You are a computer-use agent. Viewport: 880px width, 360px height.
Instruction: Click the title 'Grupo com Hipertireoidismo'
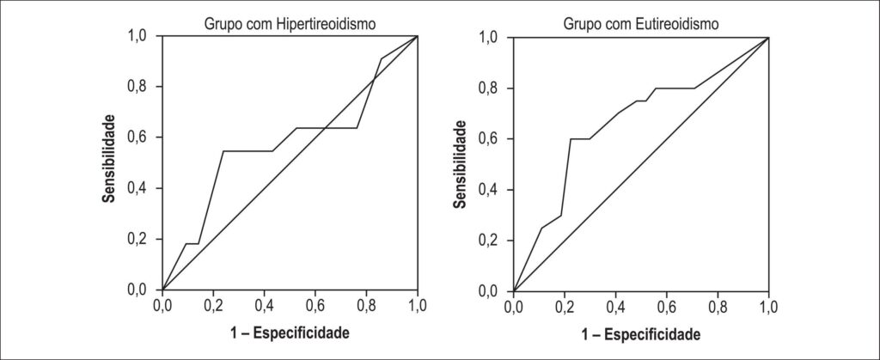[290, 25]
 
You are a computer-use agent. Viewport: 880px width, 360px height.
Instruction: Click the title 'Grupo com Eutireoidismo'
[641, 25]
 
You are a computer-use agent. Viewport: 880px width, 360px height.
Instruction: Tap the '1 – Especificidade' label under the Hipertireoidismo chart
[290, 333]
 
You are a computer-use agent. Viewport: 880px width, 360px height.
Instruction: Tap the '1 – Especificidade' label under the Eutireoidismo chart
[641, 335]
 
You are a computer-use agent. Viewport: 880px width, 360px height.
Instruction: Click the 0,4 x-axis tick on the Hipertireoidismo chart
[265, 305]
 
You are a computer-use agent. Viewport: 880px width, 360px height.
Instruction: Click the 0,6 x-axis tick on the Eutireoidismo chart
[666, 308]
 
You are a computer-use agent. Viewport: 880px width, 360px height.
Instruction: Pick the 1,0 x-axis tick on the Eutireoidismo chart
[768, 308]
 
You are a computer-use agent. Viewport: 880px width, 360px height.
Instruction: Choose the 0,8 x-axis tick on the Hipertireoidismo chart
[366, 305]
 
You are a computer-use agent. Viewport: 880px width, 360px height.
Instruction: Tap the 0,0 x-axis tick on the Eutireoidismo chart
[513, 308]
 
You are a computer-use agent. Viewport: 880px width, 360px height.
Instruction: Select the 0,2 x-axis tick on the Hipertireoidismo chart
[213, 305]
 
